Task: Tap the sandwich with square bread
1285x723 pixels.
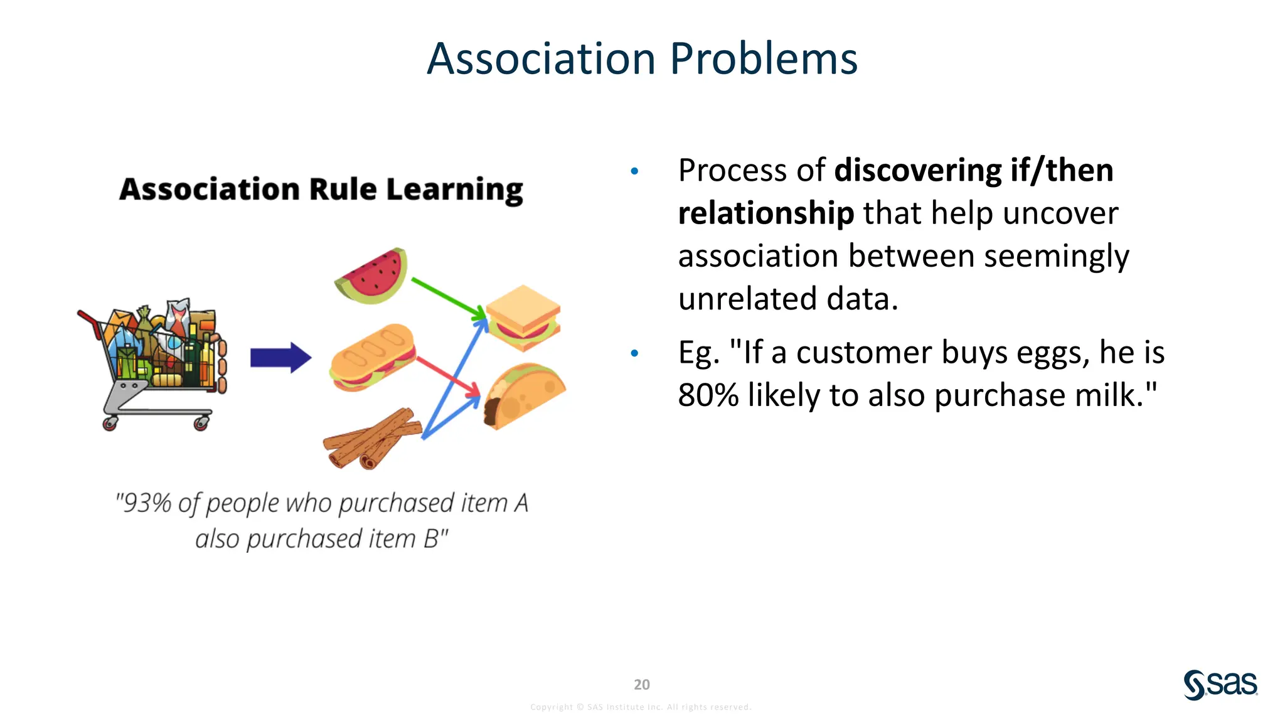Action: coord(522,318)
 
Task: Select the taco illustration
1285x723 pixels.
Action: coord(523,395)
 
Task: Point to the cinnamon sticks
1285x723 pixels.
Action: coord(371,438)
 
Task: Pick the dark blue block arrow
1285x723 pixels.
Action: coord(280,358)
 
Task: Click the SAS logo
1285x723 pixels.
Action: coord(1220,684)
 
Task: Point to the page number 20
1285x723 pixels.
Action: coord(641,685)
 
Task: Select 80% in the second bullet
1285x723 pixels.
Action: coord(708,395)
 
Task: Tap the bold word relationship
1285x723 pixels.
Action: coord(765,213)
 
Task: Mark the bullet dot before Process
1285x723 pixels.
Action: coord(634,171)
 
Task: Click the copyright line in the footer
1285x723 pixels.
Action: coord(641,707)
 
